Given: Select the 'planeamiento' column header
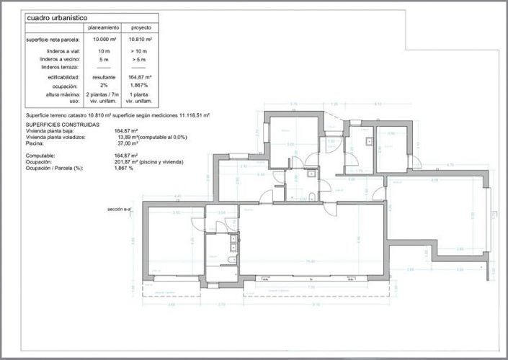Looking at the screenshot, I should point(103,27).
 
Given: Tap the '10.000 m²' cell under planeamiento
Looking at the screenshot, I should point(103,39).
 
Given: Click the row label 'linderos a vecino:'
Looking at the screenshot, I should point(61,59).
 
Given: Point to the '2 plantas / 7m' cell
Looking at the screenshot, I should point(103,94).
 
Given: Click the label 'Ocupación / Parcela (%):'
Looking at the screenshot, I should point(54,168).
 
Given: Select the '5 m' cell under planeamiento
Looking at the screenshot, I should point(103,59).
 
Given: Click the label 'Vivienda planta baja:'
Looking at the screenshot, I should point(50,130).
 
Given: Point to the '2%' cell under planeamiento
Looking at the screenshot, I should point(103,85).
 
